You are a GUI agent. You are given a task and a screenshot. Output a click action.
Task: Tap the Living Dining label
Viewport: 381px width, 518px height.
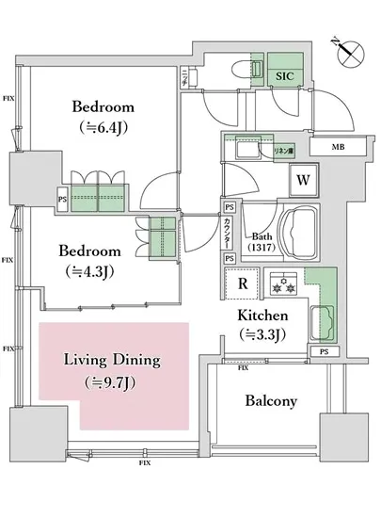coord(111,370)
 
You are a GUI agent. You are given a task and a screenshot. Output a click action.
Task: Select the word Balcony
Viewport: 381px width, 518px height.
coord(272,400)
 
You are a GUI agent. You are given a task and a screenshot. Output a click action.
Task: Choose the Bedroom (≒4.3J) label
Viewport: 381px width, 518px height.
coord(90,261)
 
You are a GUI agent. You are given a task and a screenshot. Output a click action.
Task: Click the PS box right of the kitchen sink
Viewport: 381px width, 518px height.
coord(324,352)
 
